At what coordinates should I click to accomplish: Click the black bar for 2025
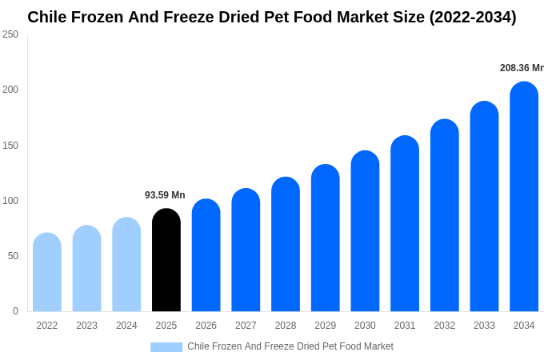(x=166, y=260)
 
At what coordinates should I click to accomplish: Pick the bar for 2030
(x=365, y=231)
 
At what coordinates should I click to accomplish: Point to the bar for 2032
(x=445, y=215)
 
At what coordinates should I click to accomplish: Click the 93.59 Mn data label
(x=165, y=195)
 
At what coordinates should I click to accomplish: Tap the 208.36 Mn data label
(x=522, y=68)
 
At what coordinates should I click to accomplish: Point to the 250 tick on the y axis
(x=10, y=34)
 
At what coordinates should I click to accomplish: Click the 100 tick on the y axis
(x=10, y=201)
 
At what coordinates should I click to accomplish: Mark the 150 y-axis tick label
(x=10, y=146)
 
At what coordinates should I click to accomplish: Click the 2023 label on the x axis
(x=86, y=326)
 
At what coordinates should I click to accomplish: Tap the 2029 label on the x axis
(x=325, y=326)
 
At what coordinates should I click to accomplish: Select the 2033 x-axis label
(x=484, y=326)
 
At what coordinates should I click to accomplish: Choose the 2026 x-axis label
(x=206, y=326)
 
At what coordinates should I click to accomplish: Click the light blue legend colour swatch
(x=166, y=347)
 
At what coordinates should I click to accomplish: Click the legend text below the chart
(x=290, y=346)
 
